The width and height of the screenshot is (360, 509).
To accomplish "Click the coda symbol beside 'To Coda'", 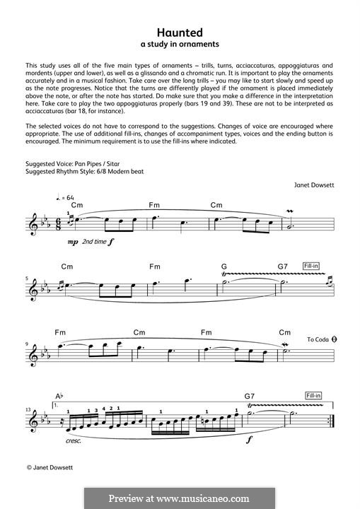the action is [x=332, y=339].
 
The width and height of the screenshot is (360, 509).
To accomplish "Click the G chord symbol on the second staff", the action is [x=224, y=267].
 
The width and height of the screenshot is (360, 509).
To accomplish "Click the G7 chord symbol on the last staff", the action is [x=249, y=397].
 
